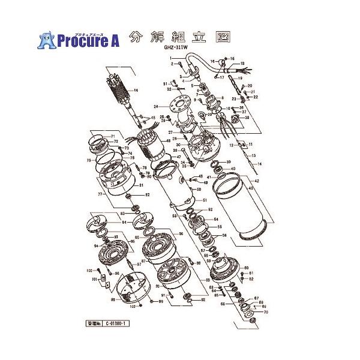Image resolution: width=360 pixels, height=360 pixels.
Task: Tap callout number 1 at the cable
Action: click(x=171, y=57)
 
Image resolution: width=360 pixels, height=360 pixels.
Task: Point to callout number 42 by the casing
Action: click(x=257, y=181)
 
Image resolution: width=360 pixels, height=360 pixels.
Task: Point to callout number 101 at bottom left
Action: click(x=94, y=279)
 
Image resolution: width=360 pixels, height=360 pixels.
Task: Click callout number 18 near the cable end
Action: click(x=242, y=63)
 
